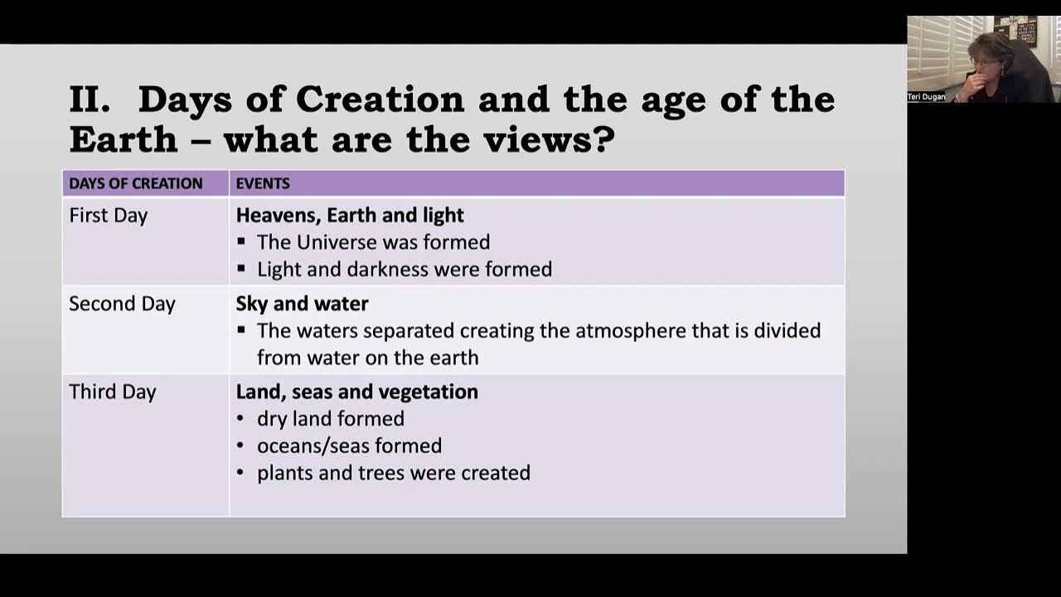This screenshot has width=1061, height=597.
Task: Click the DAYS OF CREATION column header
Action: (x=135, y=183)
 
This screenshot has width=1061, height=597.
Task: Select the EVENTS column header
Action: (x=263, y=183)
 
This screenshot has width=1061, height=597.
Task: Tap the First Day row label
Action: (x=109, y=216)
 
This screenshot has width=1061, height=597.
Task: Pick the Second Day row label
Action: (x=122, y=303)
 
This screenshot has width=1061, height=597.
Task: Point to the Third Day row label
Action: (x=113, y=391)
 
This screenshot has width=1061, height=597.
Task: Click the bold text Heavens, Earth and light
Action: (x=350, y=216)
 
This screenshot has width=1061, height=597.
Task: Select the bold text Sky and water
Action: (x=302, y=303)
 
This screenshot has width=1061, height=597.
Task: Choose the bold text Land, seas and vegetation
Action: (x=356, y=391)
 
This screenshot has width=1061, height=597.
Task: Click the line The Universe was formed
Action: (x=373, y=242)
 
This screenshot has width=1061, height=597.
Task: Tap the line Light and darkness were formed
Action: (x=405, y=269)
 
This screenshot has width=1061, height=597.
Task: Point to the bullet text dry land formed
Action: (x=331, y=419)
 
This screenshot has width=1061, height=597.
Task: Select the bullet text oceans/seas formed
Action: (x=349, y=446)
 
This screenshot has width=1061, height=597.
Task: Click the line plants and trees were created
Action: (x=394, y=473)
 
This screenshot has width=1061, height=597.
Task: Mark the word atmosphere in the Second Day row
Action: (x=627, y=331)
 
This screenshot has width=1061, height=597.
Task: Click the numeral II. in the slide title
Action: (x=90, y=100)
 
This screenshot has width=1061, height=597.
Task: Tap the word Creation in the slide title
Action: (x=380, y=100)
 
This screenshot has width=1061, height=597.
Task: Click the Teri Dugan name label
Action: (x=927, y=97)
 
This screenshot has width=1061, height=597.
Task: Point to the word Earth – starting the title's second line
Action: (x=124, y=139)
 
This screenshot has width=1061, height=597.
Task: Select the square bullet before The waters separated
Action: (x=241, y=330)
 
